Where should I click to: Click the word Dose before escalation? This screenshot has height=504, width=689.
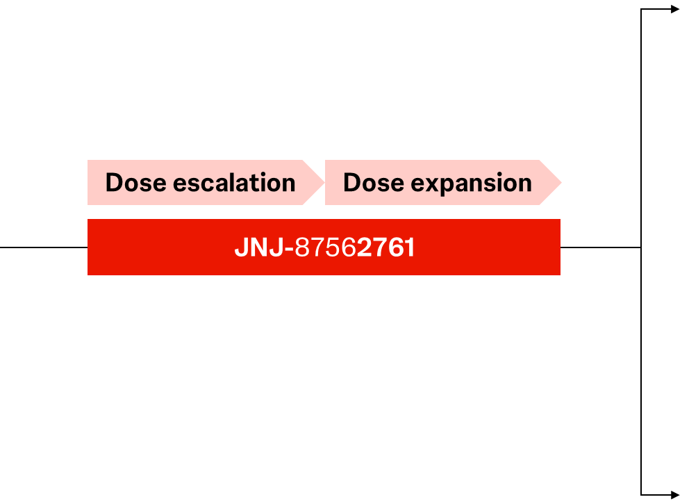click(x=135, y=183)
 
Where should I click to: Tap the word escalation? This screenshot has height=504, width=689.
click(x=234, y=183)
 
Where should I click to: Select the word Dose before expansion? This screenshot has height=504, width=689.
click(x=374, y=183)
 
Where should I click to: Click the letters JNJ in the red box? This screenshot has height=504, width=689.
click(x=259, y=247)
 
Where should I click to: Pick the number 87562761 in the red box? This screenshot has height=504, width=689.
click(x=355, y=247)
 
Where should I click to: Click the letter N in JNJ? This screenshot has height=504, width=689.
click(x=259, y=247)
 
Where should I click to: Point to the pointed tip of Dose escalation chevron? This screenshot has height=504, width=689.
click(x=324, y=183)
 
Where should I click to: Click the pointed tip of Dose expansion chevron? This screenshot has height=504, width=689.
click(x=562, y=183)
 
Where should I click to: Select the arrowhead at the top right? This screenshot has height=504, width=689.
click(x=675, y=9)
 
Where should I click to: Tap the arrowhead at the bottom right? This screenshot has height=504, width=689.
click(x=675, y=495)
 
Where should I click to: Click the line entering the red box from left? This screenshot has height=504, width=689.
click(x=44, y=247)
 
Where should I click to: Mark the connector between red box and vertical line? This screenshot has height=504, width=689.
click(x=601, y=247)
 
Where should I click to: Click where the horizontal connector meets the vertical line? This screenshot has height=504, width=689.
click(x=641, y=247)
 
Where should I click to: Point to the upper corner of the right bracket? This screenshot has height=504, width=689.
click(x=641, y=9)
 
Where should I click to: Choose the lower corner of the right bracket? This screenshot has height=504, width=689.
click(x=641, y=495)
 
